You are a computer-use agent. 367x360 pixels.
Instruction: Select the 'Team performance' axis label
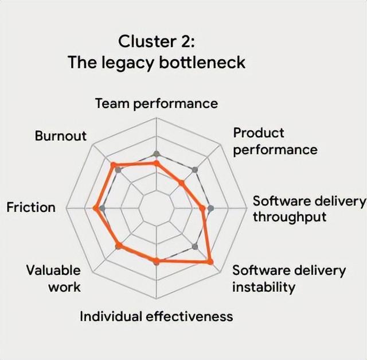[x=156, y=103]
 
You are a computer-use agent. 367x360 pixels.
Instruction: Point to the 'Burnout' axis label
[x=60, y=136]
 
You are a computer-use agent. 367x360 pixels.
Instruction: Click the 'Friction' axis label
[x=31, y=207]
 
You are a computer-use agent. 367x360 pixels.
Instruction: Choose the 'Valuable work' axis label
[x=53, y=278]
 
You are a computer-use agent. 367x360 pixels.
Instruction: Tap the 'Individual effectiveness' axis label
[x=156, y=316]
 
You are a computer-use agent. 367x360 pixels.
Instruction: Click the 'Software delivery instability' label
[x=289, y=278]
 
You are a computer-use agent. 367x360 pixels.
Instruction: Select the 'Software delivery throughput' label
[x=309, y=209]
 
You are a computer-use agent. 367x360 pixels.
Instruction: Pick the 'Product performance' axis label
[x=275, y=141]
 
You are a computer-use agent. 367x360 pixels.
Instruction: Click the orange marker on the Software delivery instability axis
[x=210, y=262]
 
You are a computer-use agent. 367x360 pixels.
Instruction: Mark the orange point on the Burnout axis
[x=114, y=165]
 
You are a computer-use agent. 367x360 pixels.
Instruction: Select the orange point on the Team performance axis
[x=156, y=164]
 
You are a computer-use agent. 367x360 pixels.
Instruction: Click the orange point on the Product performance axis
[x=181, y=183]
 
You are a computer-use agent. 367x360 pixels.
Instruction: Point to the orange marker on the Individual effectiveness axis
[x=156, y=261]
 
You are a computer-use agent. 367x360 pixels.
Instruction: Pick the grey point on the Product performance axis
[x=196, y=169]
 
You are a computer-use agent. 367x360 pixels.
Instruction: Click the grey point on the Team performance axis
[x=156, y=153]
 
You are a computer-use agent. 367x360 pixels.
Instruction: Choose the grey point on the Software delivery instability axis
[x=196, y=247]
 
